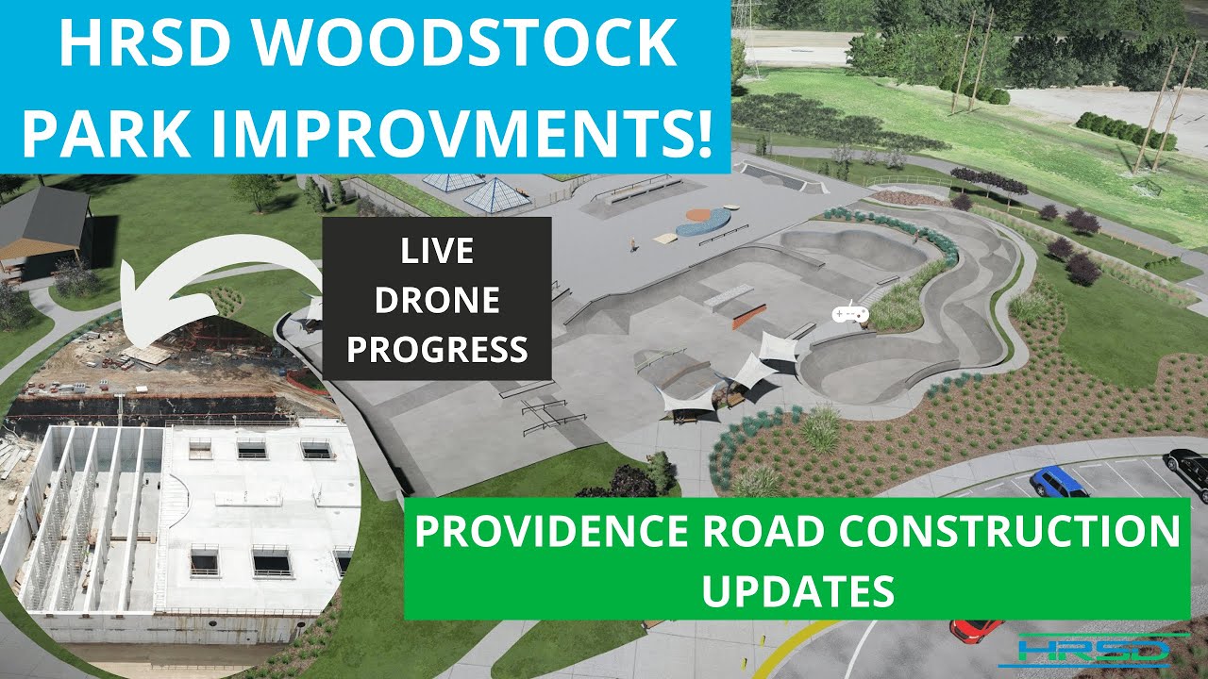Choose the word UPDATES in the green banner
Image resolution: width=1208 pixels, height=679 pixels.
coord(798,590)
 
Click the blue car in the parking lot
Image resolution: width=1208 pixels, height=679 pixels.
coord(1058,482)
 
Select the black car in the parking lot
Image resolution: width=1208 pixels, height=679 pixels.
coord(1188,470)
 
